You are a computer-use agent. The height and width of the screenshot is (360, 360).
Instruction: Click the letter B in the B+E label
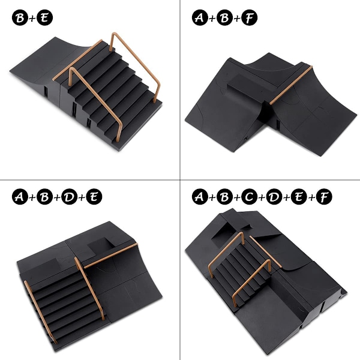click(x=20, y=17)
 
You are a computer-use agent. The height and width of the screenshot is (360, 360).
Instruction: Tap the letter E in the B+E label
click(x=45, y=17)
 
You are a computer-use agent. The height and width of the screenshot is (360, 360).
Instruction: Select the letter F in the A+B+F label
click(x=250, y=17)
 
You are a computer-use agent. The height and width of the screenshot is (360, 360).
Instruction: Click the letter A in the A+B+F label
click(x=200, y=17)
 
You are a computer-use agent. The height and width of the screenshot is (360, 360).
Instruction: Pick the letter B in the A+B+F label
click(x=224, y=17)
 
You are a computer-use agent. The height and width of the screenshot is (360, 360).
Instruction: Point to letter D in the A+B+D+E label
click(x=70, y=197)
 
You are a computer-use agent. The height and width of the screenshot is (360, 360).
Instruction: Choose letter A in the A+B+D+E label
click(x=20, y=197)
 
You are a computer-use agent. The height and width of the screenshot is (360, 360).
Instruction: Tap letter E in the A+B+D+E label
click(x=94, y=197)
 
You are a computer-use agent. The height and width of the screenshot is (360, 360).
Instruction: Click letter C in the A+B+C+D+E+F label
click(x=250, y=197)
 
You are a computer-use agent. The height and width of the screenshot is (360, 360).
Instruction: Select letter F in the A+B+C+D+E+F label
click(x=324, y=197)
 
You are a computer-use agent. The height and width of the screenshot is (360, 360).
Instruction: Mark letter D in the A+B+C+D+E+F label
click(x=274, y=197)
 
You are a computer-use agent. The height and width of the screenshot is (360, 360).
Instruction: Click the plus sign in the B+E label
click(x=32, y=18)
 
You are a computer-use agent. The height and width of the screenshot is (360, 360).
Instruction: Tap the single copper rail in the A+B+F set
click(x=291, y=85)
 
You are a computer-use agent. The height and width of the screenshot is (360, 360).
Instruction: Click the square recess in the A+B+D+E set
click(x=101, y=245)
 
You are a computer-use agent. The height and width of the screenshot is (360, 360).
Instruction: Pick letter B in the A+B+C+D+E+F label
click(x=224, y=197)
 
